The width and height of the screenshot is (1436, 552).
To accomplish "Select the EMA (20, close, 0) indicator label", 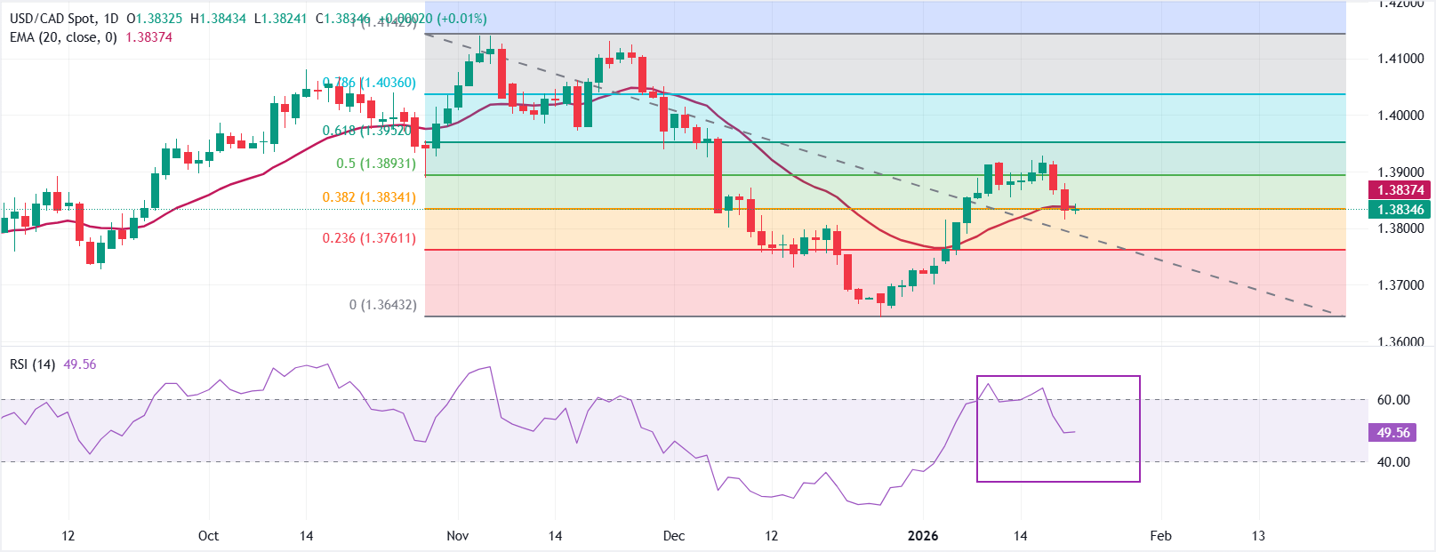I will tap(63, 37).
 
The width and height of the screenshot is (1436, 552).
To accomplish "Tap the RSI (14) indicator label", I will tap(33, 364).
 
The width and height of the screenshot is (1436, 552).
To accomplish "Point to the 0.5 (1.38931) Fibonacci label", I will tap(376, 164).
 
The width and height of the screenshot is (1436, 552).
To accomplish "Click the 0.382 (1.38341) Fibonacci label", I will tap(369, 197).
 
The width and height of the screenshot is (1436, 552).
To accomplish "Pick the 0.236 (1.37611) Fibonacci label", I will tap(369, 238).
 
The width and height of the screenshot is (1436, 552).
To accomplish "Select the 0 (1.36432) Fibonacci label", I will tap(382, 305).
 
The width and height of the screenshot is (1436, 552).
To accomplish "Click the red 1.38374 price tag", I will tap(1400, 190).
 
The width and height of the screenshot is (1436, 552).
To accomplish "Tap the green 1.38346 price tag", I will tap(1400, 210).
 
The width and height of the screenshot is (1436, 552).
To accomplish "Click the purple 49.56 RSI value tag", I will tap(1393, 433).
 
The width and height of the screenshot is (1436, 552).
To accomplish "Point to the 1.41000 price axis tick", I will tap(1400, 59).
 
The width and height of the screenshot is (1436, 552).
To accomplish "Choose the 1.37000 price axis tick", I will tap(1400, 285).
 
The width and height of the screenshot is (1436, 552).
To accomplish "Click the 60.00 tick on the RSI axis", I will tap(1393, 400).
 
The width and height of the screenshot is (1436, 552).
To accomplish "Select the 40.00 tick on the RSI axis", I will tap(1393, 462).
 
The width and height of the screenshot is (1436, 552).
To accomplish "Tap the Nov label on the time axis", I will tap(457, 536).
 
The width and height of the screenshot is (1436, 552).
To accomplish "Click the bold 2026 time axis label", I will tap(923, 536).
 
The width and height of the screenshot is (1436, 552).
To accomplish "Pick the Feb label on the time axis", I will tap(1160, 536).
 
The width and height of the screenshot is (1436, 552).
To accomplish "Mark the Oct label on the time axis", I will tap(208, 536).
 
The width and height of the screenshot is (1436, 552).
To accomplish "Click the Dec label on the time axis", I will tap(674, 536).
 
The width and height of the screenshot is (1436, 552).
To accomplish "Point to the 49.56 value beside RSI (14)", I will tap(80, 364).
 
